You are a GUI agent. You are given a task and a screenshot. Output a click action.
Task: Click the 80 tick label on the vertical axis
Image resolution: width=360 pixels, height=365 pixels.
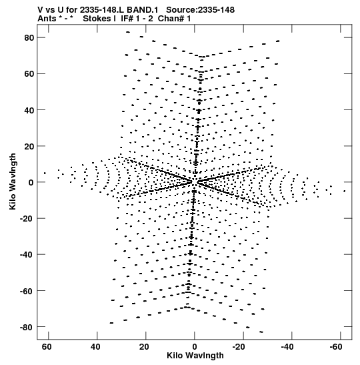29,38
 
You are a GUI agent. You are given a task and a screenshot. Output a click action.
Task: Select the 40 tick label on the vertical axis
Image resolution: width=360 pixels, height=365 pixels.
29,110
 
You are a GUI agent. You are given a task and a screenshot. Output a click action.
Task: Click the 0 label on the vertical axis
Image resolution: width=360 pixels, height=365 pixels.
31,183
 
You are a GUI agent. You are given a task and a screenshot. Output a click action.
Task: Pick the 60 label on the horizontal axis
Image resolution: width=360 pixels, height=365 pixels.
47,347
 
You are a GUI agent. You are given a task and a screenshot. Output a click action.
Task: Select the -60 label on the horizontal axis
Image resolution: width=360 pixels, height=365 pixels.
336,347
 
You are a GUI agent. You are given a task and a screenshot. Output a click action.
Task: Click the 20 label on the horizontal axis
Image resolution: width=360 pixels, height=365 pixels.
144,347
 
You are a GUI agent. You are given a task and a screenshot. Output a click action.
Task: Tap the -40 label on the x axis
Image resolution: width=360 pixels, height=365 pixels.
288,347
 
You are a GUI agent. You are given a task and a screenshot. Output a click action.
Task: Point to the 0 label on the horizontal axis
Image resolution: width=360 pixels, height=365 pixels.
195,347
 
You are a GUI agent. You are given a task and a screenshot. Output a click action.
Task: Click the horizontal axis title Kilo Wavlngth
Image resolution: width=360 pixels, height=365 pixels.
195,356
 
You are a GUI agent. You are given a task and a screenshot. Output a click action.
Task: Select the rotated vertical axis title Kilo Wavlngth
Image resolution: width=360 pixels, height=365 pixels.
13,181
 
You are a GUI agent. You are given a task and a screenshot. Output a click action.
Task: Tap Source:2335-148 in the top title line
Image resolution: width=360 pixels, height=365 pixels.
200,10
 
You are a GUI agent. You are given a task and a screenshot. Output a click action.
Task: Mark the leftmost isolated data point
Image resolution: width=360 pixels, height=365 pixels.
45,173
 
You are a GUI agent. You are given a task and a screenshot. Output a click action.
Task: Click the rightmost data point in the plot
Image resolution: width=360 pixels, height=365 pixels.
345,191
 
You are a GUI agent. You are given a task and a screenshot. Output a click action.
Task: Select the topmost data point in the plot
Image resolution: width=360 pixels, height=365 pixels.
128,32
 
